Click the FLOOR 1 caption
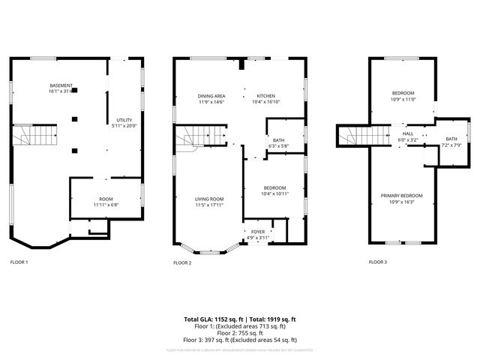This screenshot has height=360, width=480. pos(19,262)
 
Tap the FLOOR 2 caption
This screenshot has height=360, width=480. pos(182,262)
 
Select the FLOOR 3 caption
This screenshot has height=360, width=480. pos(378,262)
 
